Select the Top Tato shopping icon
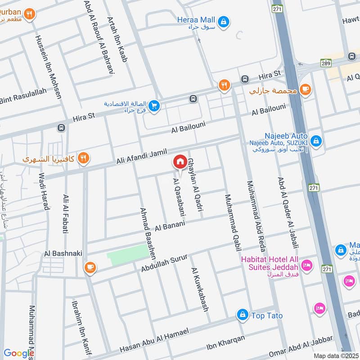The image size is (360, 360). [x=243, y=315]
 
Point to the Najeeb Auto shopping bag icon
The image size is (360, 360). [x=316, y=141]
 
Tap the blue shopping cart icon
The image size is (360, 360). [x=154, y=107]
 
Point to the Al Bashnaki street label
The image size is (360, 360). [x=63, y=253]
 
